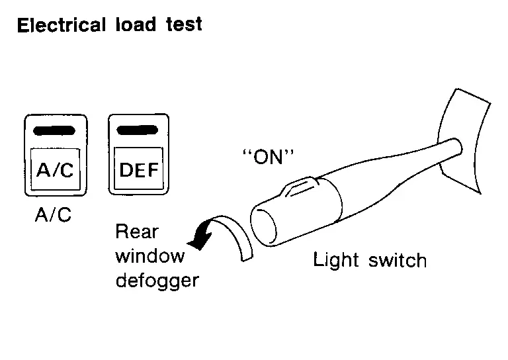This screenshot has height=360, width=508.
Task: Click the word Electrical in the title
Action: click(x=62, y=26)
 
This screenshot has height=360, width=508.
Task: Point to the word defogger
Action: click(x=157, y=280)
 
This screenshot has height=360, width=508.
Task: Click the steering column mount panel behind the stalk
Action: click(x=469, y=132)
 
